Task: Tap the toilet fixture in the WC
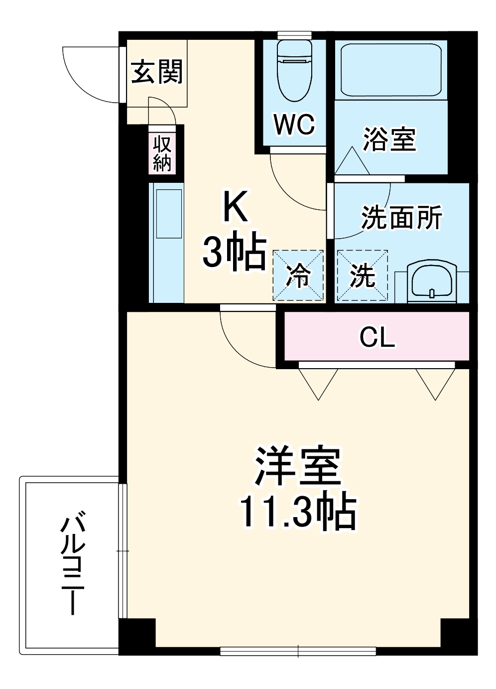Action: point(294,70)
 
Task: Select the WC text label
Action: point(294,124)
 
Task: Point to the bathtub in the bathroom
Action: point(391,70)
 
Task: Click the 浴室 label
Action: point(389,139)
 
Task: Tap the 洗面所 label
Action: point(401,217)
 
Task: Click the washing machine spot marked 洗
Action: point(362,276)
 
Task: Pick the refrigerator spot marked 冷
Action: point(298,276)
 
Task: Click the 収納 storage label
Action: point(162,153)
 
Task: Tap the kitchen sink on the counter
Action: point(169,213)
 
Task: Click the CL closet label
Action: point(377,337)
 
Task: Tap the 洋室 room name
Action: point(297,466)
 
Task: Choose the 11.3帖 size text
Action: point(297,511)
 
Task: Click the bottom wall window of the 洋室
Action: point(298,651)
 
